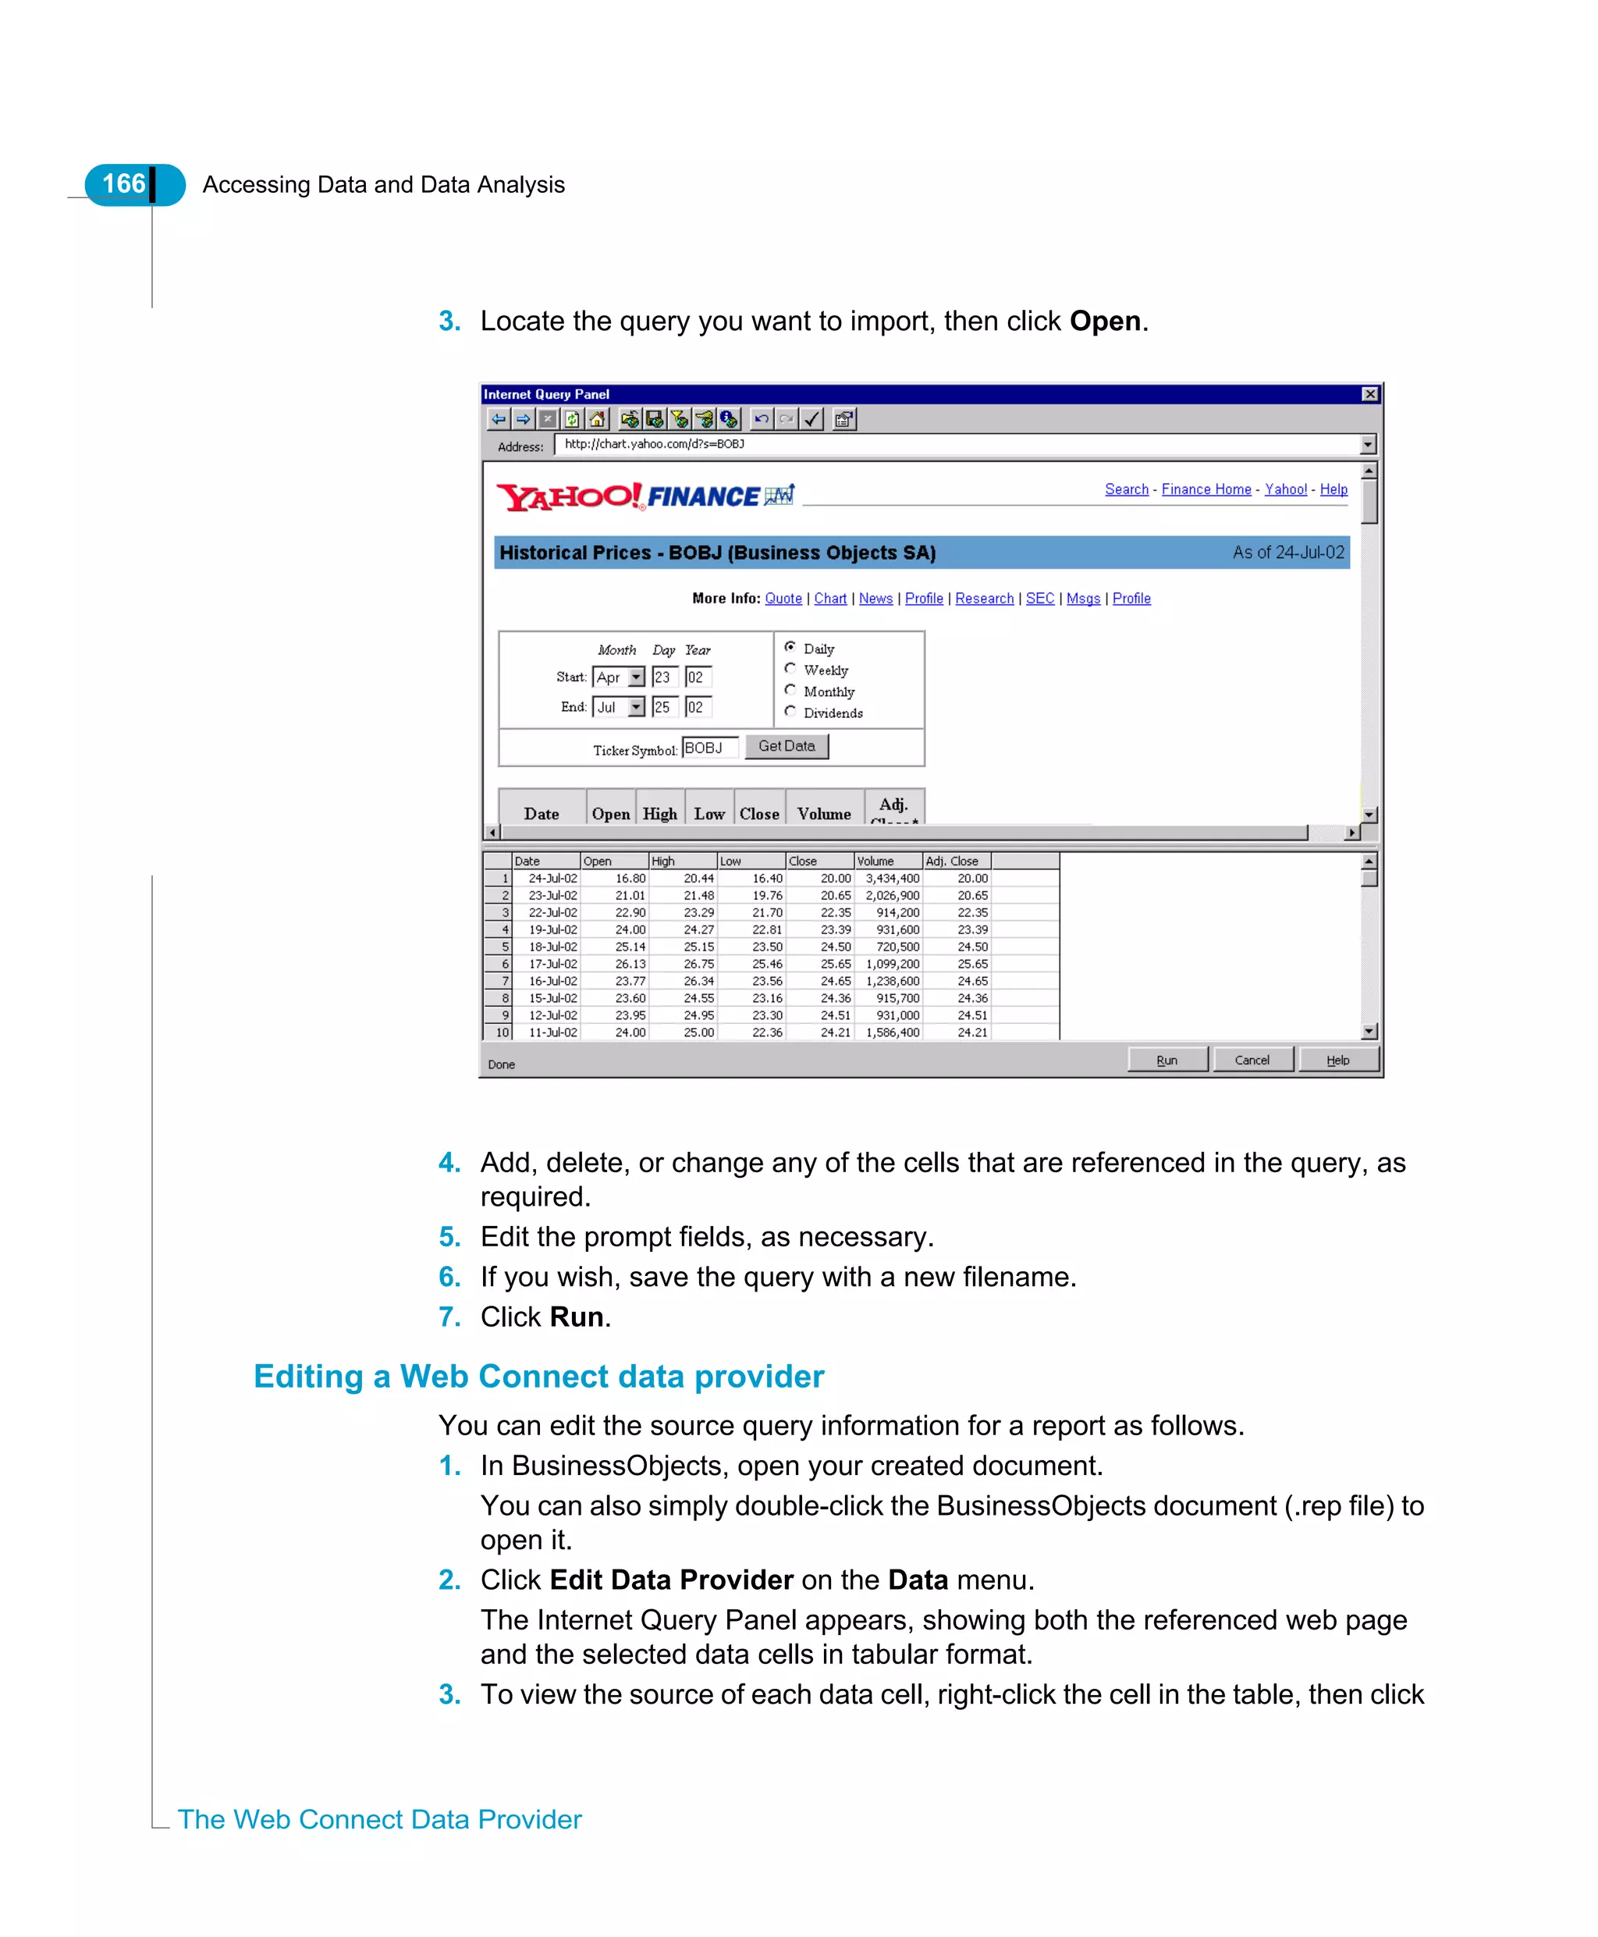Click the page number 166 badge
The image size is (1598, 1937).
click(x=125, y=184)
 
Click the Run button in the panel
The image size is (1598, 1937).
click(x=1167, y=1060)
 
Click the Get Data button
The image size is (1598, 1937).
click(x=786, y=746)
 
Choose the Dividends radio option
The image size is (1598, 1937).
click(x=790, y=711)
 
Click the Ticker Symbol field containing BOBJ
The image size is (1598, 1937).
click(x=708, y=748)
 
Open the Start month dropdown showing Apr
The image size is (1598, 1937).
click(x=635, y=677)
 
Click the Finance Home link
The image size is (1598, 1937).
click(x=1206, y=489)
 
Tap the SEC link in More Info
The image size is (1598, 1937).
click(x=1039, y=599)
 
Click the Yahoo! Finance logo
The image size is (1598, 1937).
click(x=645, y=497)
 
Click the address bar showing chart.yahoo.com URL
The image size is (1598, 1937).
click(x=957, y=445)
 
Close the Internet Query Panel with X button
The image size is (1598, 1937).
click(x=1369, y=394)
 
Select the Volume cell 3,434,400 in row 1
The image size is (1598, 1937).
click(x=891, y=878)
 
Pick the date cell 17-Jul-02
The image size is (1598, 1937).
click(x=552, y=964)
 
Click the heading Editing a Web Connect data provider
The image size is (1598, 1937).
click(x=538, y=1377)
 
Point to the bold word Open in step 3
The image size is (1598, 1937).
click(x=1105, y=322)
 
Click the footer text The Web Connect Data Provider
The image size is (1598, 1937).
click(x=379, y=1819)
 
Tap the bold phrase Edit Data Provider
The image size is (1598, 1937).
click(x=671, y=1580)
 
